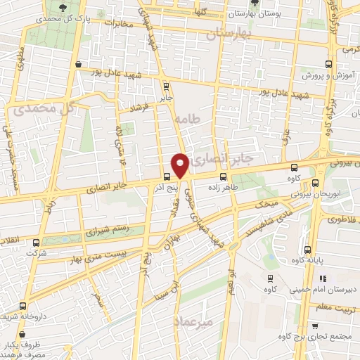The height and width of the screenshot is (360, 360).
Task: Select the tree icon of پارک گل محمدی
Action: click(65, 7)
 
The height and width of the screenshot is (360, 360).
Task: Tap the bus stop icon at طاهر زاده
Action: click(224, 176)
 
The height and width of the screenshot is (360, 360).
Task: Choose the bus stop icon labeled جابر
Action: click(167, 87)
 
